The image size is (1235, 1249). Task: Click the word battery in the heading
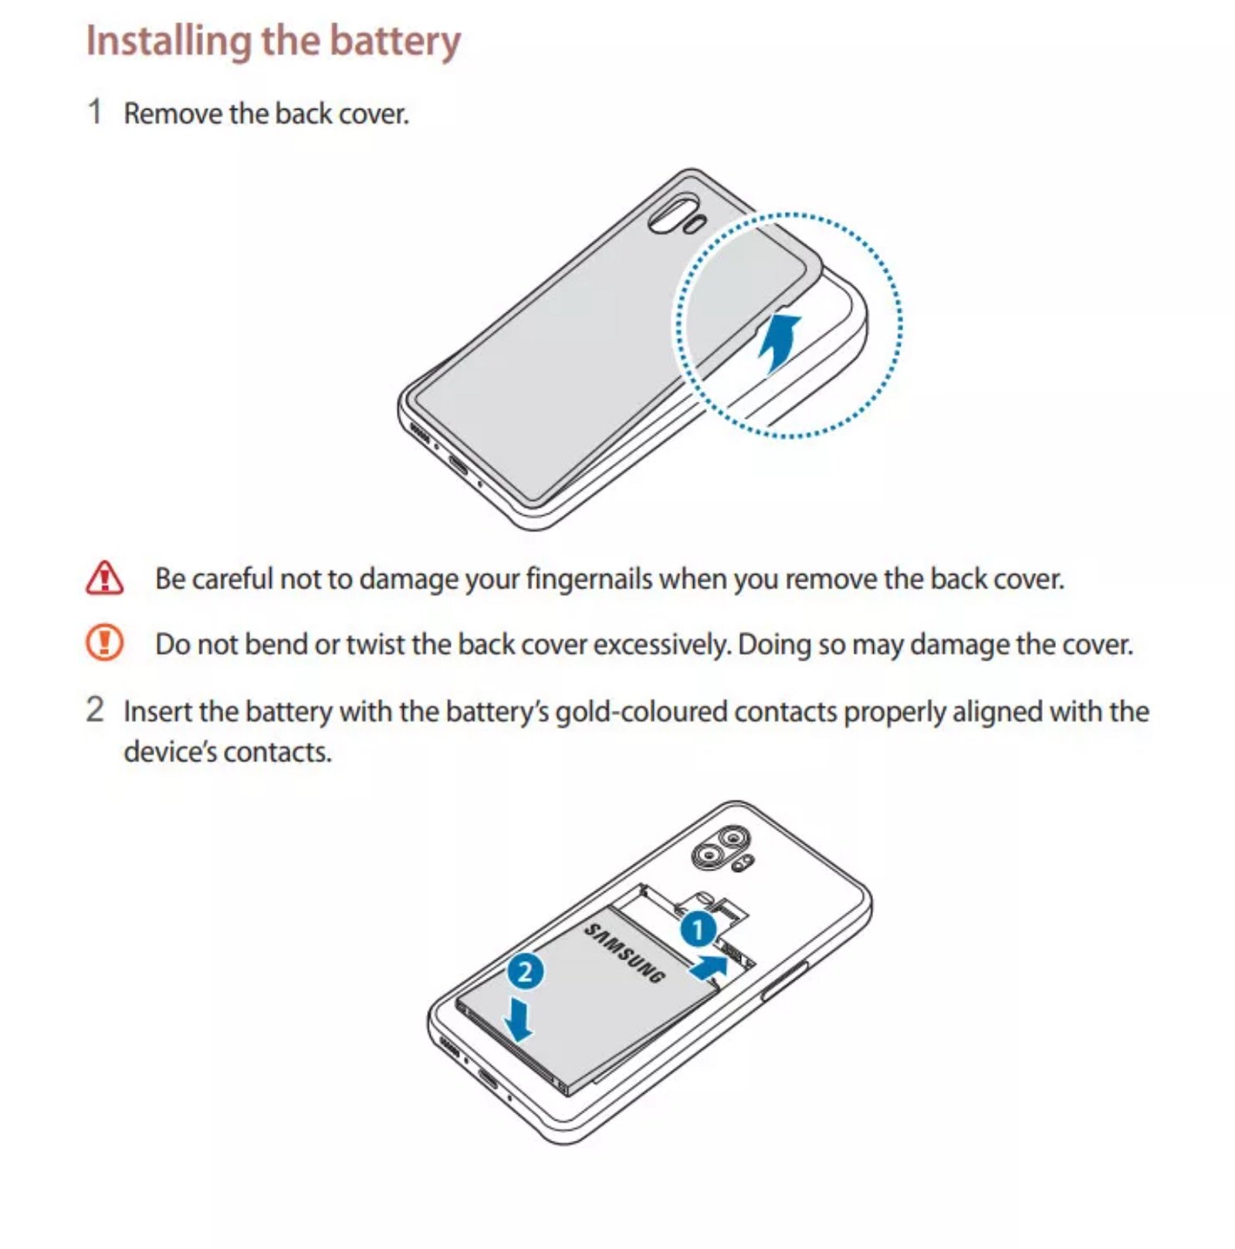tap(395, 41)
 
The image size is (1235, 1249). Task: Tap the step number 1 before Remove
tap(95, 112)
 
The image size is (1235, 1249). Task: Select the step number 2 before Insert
tap(95, 709)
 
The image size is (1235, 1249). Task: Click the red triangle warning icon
tap(104, 578)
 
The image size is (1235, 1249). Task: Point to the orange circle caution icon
tap(104, 643)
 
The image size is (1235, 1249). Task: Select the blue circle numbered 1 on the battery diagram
tap(699, 930)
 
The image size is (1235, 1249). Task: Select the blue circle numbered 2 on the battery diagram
tap(525, 971)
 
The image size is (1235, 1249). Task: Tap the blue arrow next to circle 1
tap(709, 966)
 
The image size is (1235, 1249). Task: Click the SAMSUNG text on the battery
tap(624, 953)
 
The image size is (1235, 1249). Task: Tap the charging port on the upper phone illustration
tap(458, 465)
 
